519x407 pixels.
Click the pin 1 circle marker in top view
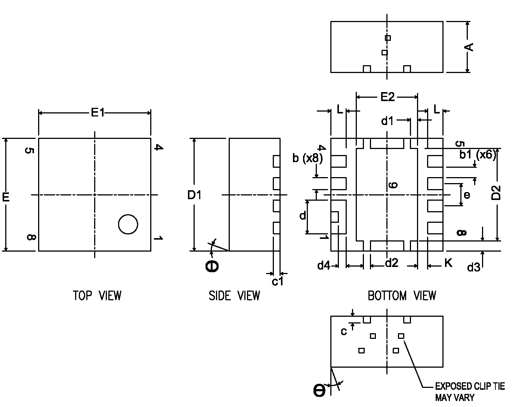[x=128, y=224]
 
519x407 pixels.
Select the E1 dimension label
[x=98, y=112]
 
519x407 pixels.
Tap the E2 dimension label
[x=387, y=97]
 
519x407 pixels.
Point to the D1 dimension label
[x=194, y=195]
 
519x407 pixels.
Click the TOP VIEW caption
[x=97, y=296]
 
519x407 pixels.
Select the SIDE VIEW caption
[x=234, y=296]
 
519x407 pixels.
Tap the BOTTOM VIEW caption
[x=402, y=296]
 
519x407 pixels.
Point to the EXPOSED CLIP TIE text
[x=470, y=386]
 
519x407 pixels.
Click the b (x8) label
[x=307, y=158]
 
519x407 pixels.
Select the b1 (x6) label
[x=478, y=154]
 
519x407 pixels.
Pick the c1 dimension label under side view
[x=278, y=281]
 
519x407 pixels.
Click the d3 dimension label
[x=473, y=267]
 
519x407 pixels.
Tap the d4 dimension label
[x=324, y=265]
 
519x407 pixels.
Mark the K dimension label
[x=448, y=263]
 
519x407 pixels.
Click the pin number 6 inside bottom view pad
[x=392, y=185]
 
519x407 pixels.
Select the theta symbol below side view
[x=212, y=266]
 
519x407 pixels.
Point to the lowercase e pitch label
[x=467, y=195]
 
